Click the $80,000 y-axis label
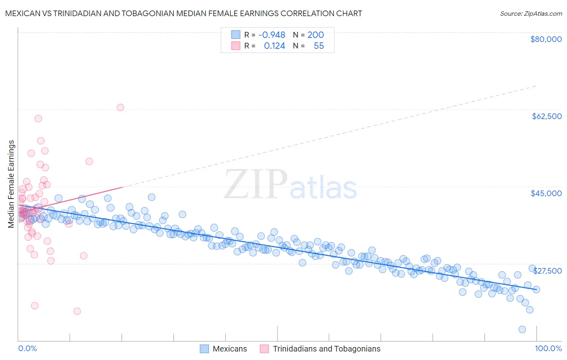click(546, 39)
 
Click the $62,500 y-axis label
click(546, 116)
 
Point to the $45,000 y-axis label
click(546, 193)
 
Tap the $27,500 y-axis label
click(547, 271)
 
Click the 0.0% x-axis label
click(27, 348)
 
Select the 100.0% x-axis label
click(548, 348)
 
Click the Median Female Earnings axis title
click(11, 184)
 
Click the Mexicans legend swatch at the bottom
click(204, 349)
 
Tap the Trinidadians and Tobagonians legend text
click(326, 349)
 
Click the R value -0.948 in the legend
click(272, 35)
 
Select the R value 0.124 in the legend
click(274, 46)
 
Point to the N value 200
click(315, 35)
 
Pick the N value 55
click(319, 46)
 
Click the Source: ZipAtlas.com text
click(531, 13)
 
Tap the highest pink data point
click(120, 107)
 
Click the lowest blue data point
click(522, 329)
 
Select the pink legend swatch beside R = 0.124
click(236, 46)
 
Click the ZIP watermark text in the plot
click(256, 184)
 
